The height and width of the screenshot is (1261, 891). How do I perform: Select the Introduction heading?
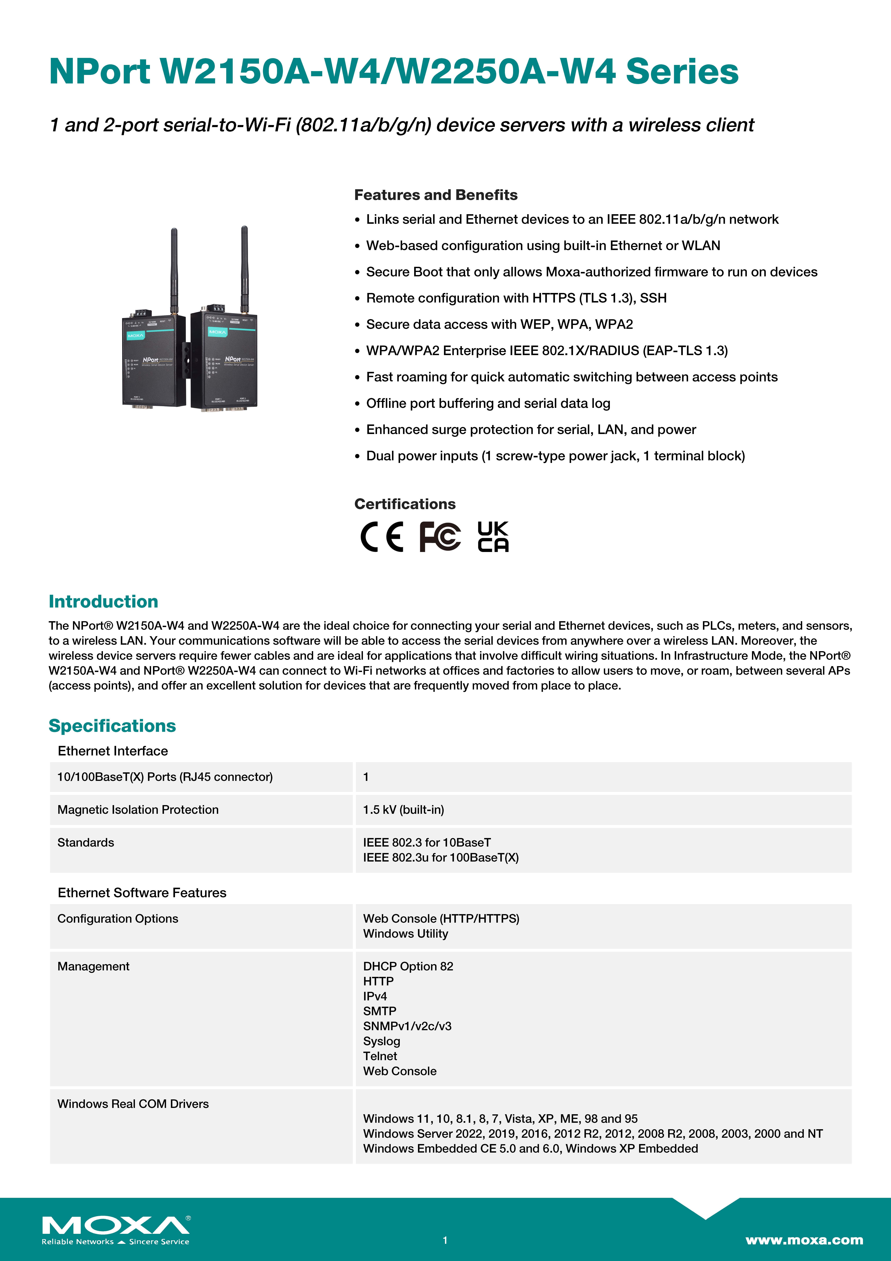(103, 601)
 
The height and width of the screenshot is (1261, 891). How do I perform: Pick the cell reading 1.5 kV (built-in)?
(403, 810)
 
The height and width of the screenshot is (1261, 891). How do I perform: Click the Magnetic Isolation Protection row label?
(138, 810)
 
